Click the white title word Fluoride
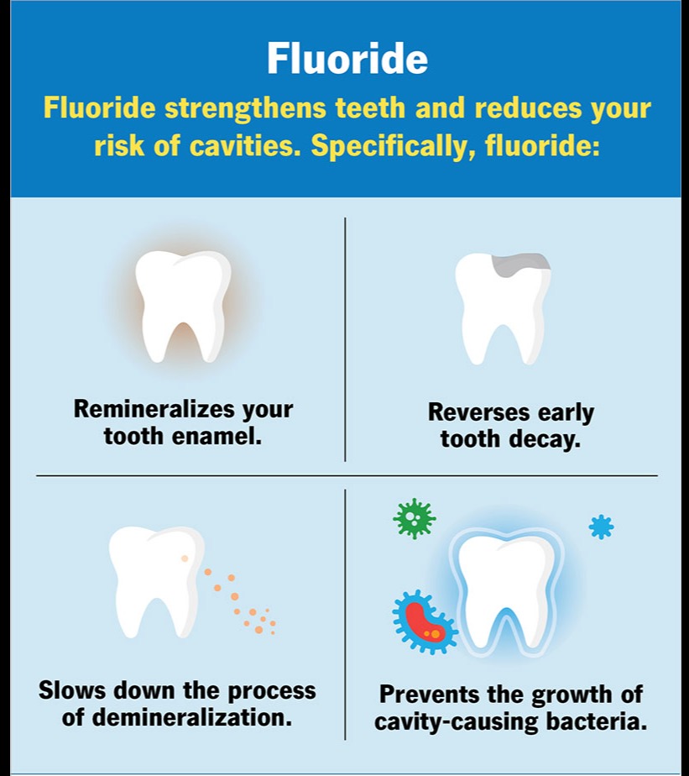(347, 58)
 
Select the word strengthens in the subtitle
(245, 108)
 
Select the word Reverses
(479, 412)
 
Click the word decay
(545, 440)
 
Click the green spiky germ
(415, 518)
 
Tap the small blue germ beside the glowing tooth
(601, 527)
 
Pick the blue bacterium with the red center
(425, 621)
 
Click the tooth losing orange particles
(156, 580)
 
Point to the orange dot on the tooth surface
(185, 558)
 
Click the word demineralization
(192, 717)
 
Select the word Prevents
(430, 695)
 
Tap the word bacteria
(597, 721)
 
